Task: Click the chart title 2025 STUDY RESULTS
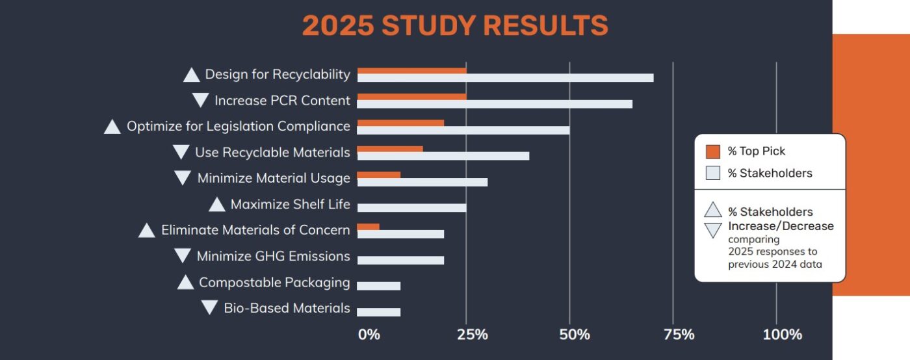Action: (455, 26)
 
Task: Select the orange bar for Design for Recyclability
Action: (411, 71)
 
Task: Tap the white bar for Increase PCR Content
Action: (495, 104)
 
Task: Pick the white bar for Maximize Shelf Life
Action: (411, 208)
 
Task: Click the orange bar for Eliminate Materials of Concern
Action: (368, 227)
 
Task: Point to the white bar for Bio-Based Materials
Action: (379, 312)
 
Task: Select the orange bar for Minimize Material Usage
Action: (379, 175)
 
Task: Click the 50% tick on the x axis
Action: (575, 335)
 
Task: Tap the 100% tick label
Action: (782, 335)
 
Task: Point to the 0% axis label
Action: (369, 335)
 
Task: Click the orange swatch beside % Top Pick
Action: (713, 151)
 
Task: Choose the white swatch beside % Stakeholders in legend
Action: (713, 173)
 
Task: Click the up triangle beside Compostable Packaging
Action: (185, 283)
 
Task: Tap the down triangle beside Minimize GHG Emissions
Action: (183, 256)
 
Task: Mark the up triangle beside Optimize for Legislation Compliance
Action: (112, 127)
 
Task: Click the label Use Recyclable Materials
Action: (272, 153)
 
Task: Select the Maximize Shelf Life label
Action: (290, 205)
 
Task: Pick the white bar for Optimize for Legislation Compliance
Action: (463, 130)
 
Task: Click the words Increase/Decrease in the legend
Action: (781, 226)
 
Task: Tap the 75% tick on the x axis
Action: (679, 335)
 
